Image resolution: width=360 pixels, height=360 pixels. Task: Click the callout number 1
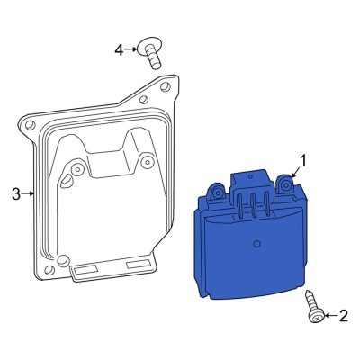[303, 161]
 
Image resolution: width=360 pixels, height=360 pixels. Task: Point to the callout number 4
[118, 49]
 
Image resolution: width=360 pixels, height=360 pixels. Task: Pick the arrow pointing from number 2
[328, 315]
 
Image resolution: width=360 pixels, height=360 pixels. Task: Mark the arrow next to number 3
[28, 193]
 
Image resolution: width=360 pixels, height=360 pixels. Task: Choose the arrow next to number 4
[131, 49]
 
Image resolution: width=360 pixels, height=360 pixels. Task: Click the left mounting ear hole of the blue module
[214, 190]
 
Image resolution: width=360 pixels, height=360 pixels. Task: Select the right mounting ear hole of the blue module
[286, 185]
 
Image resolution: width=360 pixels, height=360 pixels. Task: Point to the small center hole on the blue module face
[257, 244]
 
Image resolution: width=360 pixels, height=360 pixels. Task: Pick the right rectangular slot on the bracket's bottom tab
[140, 265]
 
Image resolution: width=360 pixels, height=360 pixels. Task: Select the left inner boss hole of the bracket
[78, 168]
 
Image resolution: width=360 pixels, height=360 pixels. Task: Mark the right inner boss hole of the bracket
[147, 162]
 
